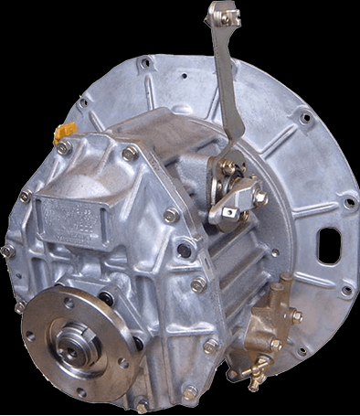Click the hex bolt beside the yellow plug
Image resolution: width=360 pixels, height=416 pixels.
click(x=64, y=147)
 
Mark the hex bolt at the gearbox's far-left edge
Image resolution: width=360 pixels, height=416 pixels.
click(x=7, y=250)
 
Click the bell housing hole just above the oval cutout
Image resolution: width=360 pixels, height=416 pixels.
click(x=349, y=202)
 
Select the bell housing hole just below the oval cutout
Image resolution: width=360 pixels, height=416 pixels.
click(x=346, y=291)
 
